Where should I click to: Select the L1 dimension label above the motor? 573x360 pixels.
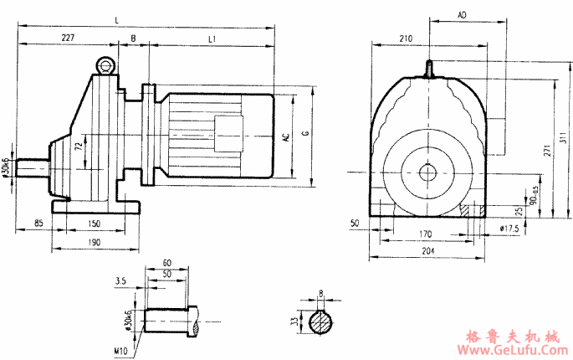click(x=212, y=38)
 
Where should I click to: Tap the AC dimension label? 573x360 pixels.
click(x=286, y=137)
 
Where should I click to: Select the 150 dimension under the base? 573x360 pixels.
click(x=94, y=224)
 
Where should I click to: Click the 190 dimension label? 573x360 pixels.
click(x=94, y=243)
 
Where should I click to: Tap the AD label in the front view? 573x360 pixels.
click(x=463, y=16)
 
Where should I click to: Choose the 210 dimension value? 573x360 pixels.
click(x=407, y=39)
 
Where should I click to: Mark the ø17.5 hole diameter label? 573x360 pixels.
click(x=509, y=228)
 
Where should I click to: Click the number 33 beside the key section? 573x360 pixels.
click(x=294, y=321)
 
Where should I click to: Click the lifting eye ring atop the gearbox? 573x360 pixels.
click(x=105, y=64)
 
